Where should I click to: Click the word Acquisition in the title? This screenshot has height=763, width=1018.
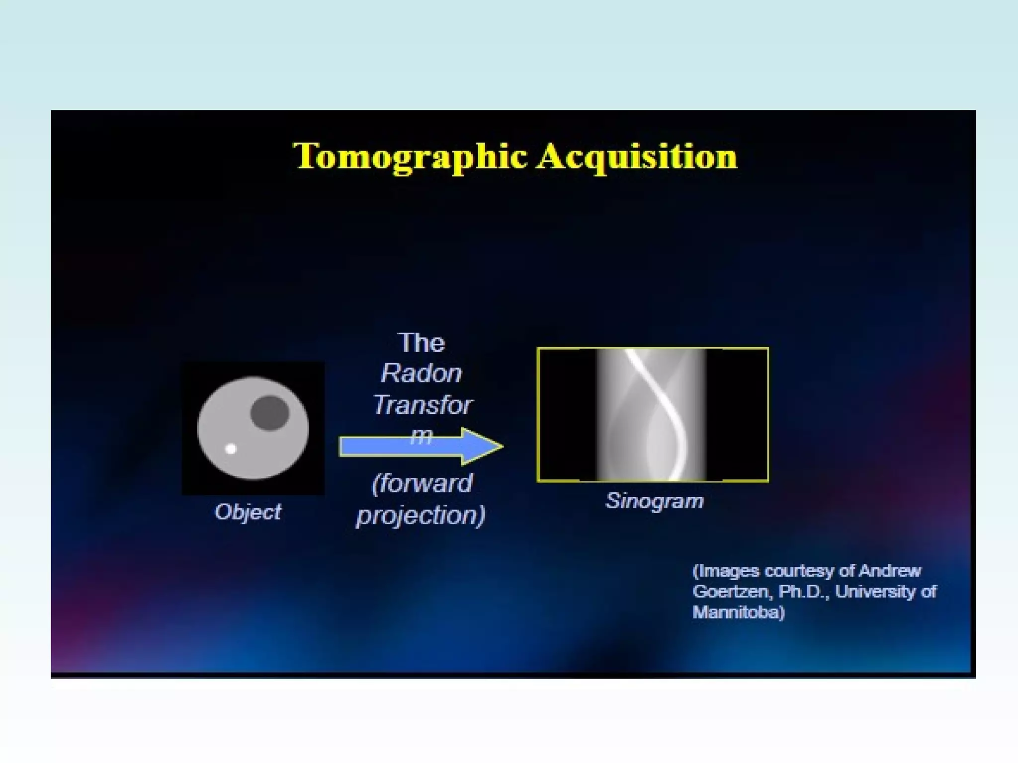tap(637, 157)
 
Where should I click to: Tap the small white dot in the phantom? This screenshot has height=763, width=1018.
tap(231, 449)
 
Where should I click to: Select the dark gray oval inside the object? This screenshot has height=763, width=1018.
tap(269, 413)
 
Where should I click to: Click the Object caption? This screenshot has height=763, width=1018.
tap(248, 512)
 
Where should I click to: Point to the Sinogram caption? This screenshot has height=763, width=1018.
tap(655, 501)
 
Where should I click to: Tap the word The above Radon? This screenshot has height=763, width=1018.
tap(422, 343)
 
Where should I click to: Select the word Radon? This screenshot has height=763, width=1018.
tap(422, 374)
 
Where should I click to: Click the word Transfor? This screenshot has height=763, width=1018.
tap(423, 405)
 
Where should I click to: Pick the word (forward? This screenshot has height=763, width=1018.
tap(423, 483)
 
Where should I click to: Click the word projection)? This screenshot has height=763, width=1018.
tap(421, 515)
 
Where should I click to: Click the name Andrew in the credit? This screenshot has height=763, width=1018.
tap(890, 571)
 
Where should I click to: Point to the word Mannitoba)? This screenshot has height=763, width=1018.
tap(739, 612)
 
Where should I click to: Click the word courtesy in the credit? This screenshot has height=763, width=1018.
tap(799, 571)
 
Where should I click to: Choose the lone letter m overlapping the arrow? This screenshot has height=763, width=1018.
tap(421, 437)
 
